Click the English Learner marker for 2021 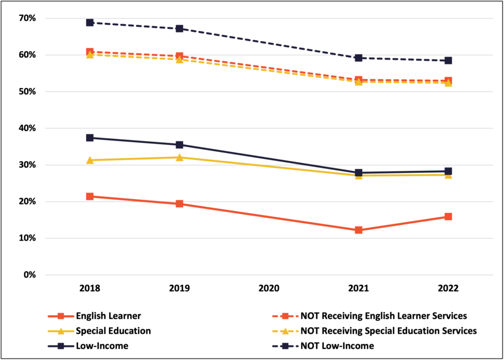[358, 230]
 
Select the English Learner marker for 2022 [448, 217]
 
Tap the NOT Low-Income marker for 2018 [90, 23]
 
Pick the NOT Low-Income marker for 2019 [179, 29]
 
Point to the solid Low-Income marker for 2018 [90, 138]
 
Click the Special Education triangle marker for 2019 [179, 158]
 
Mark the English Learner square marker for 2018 [90, 196]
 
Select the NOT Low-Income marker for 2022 [448, 61]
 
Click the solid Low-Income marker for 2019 [179, 145]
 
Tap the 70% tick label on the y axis [27, 18]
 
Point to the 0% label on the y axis [29, 275]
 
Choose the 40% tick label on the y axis [27, 128]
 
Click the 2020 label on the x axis [269, 289]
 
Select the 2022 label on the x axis [448, 289]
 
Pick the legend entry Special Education [113, 331]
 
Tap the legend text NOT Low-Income [337, 346]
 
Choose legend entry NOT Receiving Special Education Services [388, 331]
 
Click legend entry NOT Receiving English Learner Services [383, 316]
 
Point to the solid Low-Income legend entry [102, 346]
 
